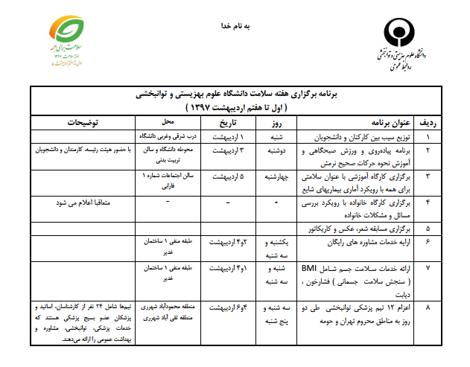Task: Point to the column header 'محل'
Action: coord(168,122)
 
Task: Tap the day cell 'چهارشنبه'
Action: coord(276,177)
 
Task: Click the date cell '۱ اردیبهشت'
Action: coord(225,137)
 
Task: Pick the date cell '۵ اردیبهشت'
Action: coord(225,177)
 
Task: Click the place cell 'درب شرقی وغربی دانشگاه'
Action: coord(168,137)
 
